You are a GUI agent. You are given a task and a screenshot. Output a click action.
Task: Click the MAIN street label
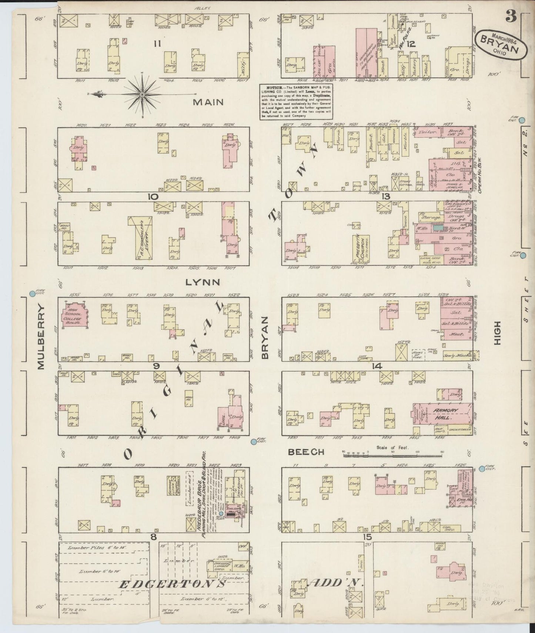coord(208,102)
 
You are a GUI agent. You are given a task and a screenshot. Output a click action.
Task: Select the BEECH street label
coord(306,452)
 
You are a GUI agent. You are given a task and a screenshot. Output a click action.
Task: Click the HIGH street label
coord(497,333)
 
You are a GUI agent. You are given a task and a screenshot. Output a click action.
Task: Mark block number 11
coord(157,44)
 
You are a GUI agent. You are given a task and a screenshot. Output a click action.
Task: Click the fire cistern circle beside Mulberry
coord(32,294)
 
